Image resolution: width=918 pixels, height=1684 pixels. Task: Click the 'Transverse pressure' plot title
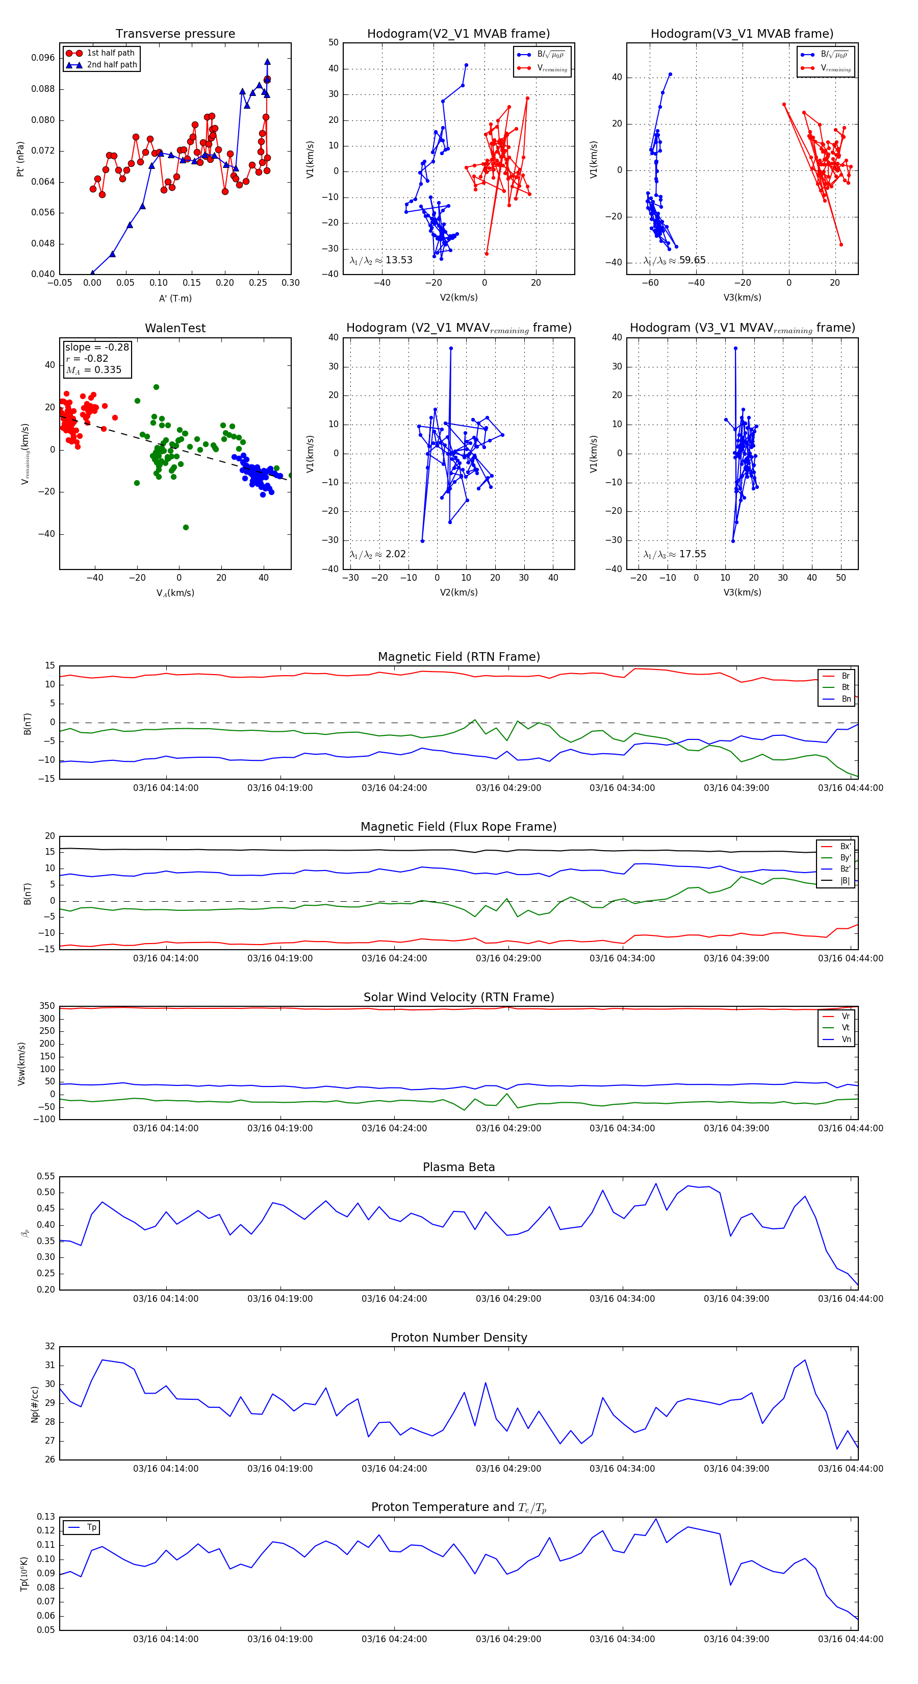coord(175,34)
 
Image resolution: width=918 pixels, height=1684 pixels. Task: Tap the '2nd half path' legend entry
coord(112,65)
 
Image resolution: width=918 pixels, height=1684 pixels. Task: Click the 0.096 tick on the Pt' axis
coord(43,58)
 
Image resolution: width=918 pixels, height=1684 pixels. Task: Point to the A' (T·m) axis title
coord(175,299)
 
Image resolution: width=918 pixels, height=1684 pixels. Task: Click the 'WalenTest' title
coord(175,328)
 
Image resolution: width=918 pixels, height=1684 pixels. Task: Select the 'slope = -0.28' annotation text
coord(97,347)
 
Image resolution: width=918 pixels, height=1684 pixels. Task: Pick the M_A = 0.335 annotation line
coord(93,370)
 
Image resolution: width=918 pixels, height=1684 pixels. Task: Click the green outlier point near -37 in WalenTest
coord(186,528)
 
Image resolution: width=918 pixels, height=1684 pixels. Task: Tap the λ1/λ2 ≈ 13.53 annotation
coord(381,260)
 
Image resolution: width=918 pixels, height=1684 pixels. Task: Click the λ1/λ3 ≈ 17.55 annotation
coord(675,554)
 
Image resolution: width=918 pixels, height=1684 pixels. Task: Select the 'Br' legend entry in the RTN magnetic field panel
coord(846,676)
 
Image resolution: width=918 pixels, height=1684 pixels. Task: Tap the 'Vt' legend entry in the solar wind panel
coord(846,1028)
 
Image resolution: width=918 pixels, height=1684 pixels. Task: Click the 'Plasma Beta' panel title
coord(458,1167)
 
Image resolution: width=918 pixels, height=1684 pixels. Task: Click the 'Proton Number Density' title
coord(458,1338)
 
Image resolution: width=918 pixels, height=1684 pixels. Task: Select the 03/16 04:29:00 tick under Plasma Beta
coord(508,1299)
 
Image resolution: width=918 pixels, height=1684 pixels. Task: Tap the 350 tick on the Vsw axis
coord(47,1006)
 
